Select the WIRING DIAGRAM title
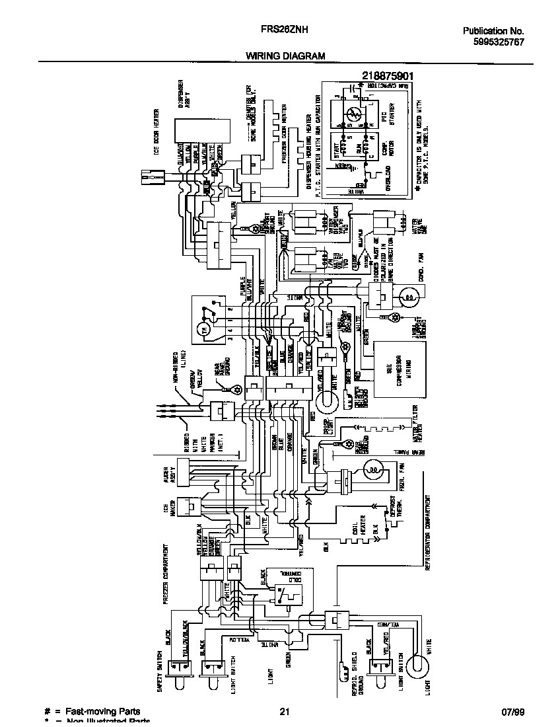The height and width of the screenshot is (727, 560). [x=286, y=56]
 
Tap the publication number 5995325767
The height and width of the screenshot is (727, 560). [x=494, y=42]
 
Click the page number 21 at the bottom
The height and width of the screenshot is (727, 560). [x=285, y=712]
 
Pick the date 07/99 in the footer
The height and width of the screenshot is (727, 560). [x=512, y=712]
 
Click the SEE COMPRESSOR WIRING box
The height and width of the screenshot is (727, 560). [x=395, y=369]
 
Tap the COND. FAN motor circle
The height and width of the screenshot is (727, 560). [x=409, y=299]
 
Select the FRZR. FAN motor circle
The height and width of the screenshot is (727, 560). [x=373, y=471]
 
